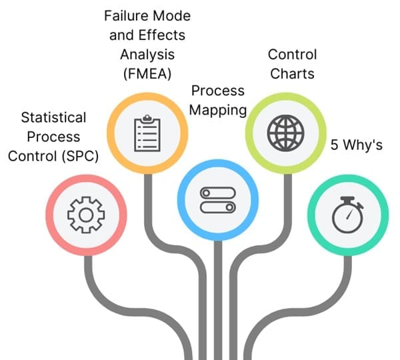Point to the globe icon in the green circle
tap(284, 133)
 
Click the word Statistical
tap(53, 117)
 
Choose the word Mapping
tap(217, 110)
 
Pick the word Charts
tap(292, 74)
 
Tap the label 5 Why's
tap(357, 145)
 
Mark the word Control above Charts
tap(292, 54)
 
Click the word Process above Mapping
tap(217, 90)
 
